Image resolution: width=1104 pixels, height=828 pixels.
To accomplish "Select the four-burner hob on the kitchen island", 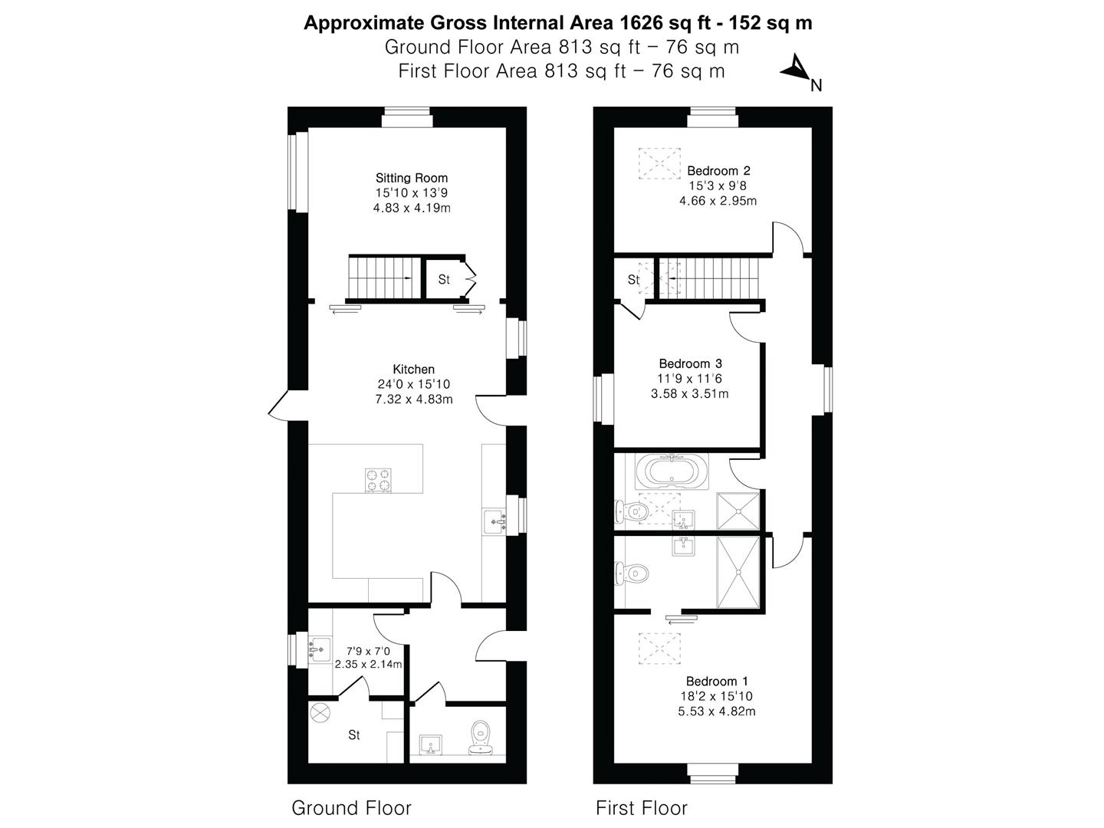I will pos(377,480).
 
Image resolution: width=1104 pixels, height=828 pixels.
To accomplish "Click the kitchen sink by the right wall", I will pos(495,522).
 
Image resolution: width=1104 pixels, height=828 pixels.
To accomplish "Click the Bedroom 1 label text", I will pos(717,681).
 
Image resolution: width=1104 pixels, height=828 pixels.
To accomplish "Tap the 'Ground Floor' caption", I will pos(351,807).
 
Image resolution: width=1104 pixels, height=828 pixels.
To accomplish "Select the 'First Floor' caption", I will pos(642,807).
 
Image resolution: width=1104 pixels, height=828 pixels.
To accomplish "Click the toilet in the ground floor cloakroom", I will pos(481,735).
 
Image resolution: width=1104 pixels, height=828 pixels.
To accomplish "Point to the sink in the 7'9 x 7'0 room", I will pos(320,649).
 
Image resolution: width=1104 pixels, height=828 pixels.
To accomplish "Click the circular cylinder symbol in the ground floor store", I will pos(319,712).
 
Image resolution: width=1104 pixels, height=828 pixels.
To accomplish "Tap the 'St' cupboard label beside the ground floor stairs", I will pos(444,280).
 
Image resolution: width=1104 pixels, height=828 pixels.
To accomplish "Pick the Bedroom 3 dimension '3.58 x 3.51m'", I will pos(689,394).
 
